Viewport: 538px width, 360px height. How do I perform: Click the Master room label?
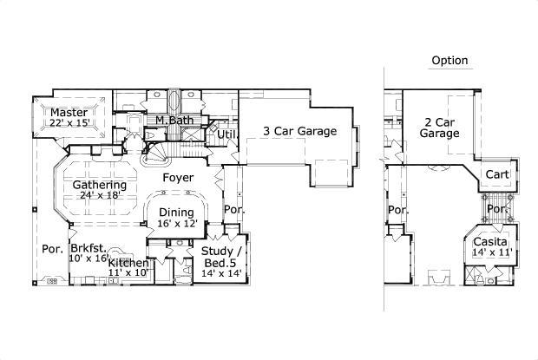pos(66,113)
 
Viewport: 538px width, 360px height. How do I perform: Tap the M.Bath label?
pos(174,121)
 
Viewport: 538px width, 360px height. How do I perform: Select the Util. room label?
pos(227,134)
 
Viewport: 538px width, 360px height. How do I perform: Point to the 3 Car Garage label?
pos(300,131)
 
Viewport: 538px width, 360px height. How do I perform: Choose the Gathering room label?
pos(99,185)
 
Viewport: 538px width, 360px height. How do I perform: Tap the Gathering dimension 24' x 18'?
pos(99,196)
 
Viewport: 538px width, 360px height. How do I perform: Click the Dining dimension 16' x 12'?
pos(176,223)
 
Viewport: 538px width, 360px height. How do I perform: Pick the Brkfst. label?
pos(89,247)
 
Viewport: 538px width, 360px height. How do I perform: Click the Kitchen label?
pos(128,263)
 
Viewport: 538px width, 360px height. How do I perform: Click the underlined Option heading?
pos(449,61)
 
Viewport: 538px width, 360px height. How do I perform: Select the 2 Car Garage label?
pos(440,128)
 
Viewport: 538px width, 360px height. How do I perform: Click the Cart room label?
pos(497,174)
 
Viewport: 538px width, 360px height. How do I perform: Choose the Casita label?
pos(491,241)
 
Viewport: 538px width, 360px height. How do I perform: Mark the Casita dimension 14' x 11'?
pos(491,252)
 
